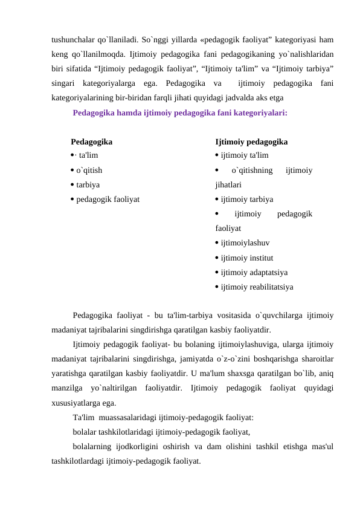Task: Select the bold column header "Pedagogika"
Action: pyautogui.click(x=91, y=142)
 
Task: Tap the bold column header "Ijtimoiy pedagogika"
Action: pyautogui.click(x=251, y=142)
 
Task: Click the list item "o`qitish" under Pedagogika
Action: pyautogui.click(x=88, y=170)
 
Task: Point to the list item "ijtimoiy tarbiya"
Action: pyautogui.click(x=246, y=199)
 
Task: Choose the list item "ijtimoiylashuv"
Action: pyautogui.click(x=245, y=243)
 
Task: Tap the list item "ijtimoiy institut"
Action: pyautogui.click(x=247, y=258)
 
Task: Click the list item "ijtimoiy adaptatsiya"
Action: pyautogui.click(x=254, y=272)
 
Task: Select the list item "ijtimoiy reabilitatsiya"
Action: pyautogui.click(x=257, y=287)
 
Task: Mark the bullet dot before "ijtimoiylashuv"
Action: pyautogui.click(x=217, y=244)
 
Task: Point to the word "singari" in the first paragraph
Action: pyautogui.click(x=65, y=82)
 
